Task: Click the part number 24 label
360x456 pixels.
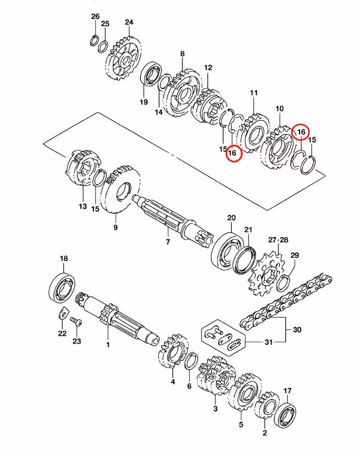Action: click(129, 23)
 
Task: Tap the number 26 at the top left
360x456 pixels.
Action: click(95, 16)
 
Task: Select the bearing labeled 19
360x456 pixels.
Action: click(152, 76)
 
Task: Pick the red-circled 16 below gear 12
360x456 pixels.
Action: click(232, 153)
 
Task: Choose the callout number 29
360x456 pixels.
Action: click(294, 255)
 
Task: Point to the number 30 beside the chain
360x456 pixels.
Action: click(297, 329)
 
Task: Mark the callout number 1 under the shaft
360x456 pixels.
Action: click(107, 345)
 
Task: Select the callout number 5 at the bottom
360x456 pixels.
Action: click(241, 424)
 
